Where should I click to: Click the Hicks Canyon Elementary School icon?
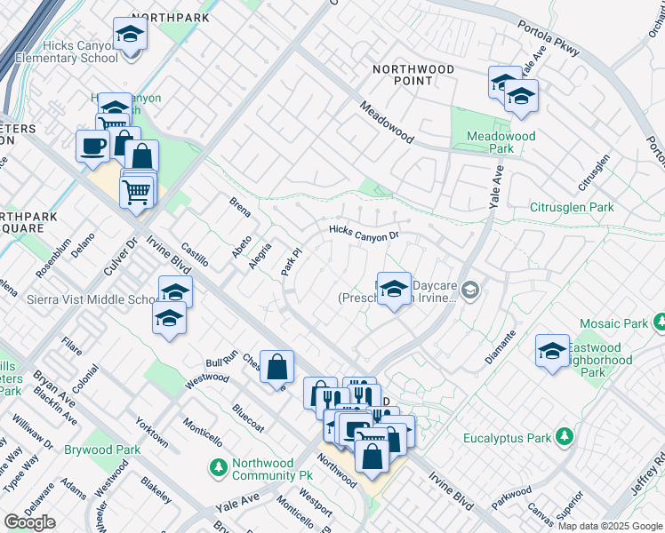tap(130, 36)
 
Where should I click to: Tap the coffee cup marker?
tap(92, 147)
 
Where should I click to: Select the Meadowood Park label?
tap(501, 142)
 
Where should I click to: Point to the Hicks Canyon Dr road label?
tap(364, 234)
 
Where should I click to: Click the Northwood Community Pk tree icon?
tap(219, 465)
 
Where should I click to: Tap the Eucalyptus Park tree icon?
tap(563, 436)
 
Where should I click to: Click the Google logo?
tap(30, 522)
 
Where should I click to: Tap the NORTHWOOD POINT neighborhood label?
tap(403, 75)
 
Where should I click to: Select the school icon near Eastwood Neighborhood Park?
tap(552, 352)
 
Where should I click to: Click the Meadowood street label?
tap(387, 122)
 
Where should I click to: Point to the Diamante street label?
tap(501, 346)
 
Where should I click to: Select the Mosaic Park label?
tap(613, 324)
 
